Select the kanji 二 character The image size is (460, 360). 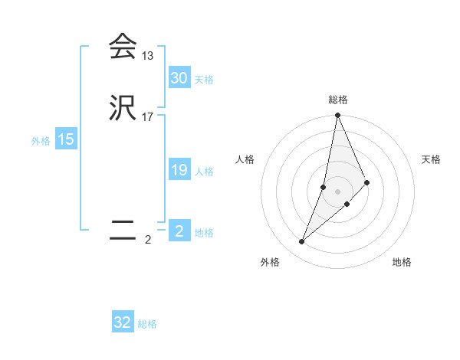coord(123,231)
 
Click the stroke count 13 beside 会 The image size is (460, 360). coord(148,56)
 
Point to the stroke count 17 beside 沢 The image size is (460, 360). coord(148,117)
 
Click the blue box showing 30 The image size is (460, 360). coord(179,78)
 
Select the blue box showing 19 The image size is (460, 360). coord(179,170)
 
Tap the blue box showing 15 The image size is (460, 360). coord(66,139)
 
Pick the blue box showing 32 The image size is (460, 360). coord(123,322)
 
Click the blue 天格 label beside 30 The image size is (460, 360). coord(204,80)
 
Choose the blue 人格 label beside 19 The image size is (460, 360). coord(204,172)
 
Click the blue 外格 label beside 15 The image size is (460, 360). coord(41,141)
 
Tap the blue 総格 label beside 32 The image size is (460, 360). coord(147,324)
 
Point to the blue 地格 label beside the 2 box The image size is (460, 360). coord(204,233)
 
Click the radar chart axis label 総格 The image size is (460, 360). coord(338,100)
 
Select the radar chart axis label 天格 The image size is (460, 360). coord(432,159)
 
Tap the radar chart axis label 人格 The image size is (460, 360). coord(245,159)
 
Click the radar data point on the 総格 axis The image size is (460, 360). coord(338,116)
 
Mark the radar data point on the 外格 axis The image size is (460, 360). coord(302,242)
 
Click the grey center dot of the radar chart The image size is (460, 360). coord(338,191)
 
